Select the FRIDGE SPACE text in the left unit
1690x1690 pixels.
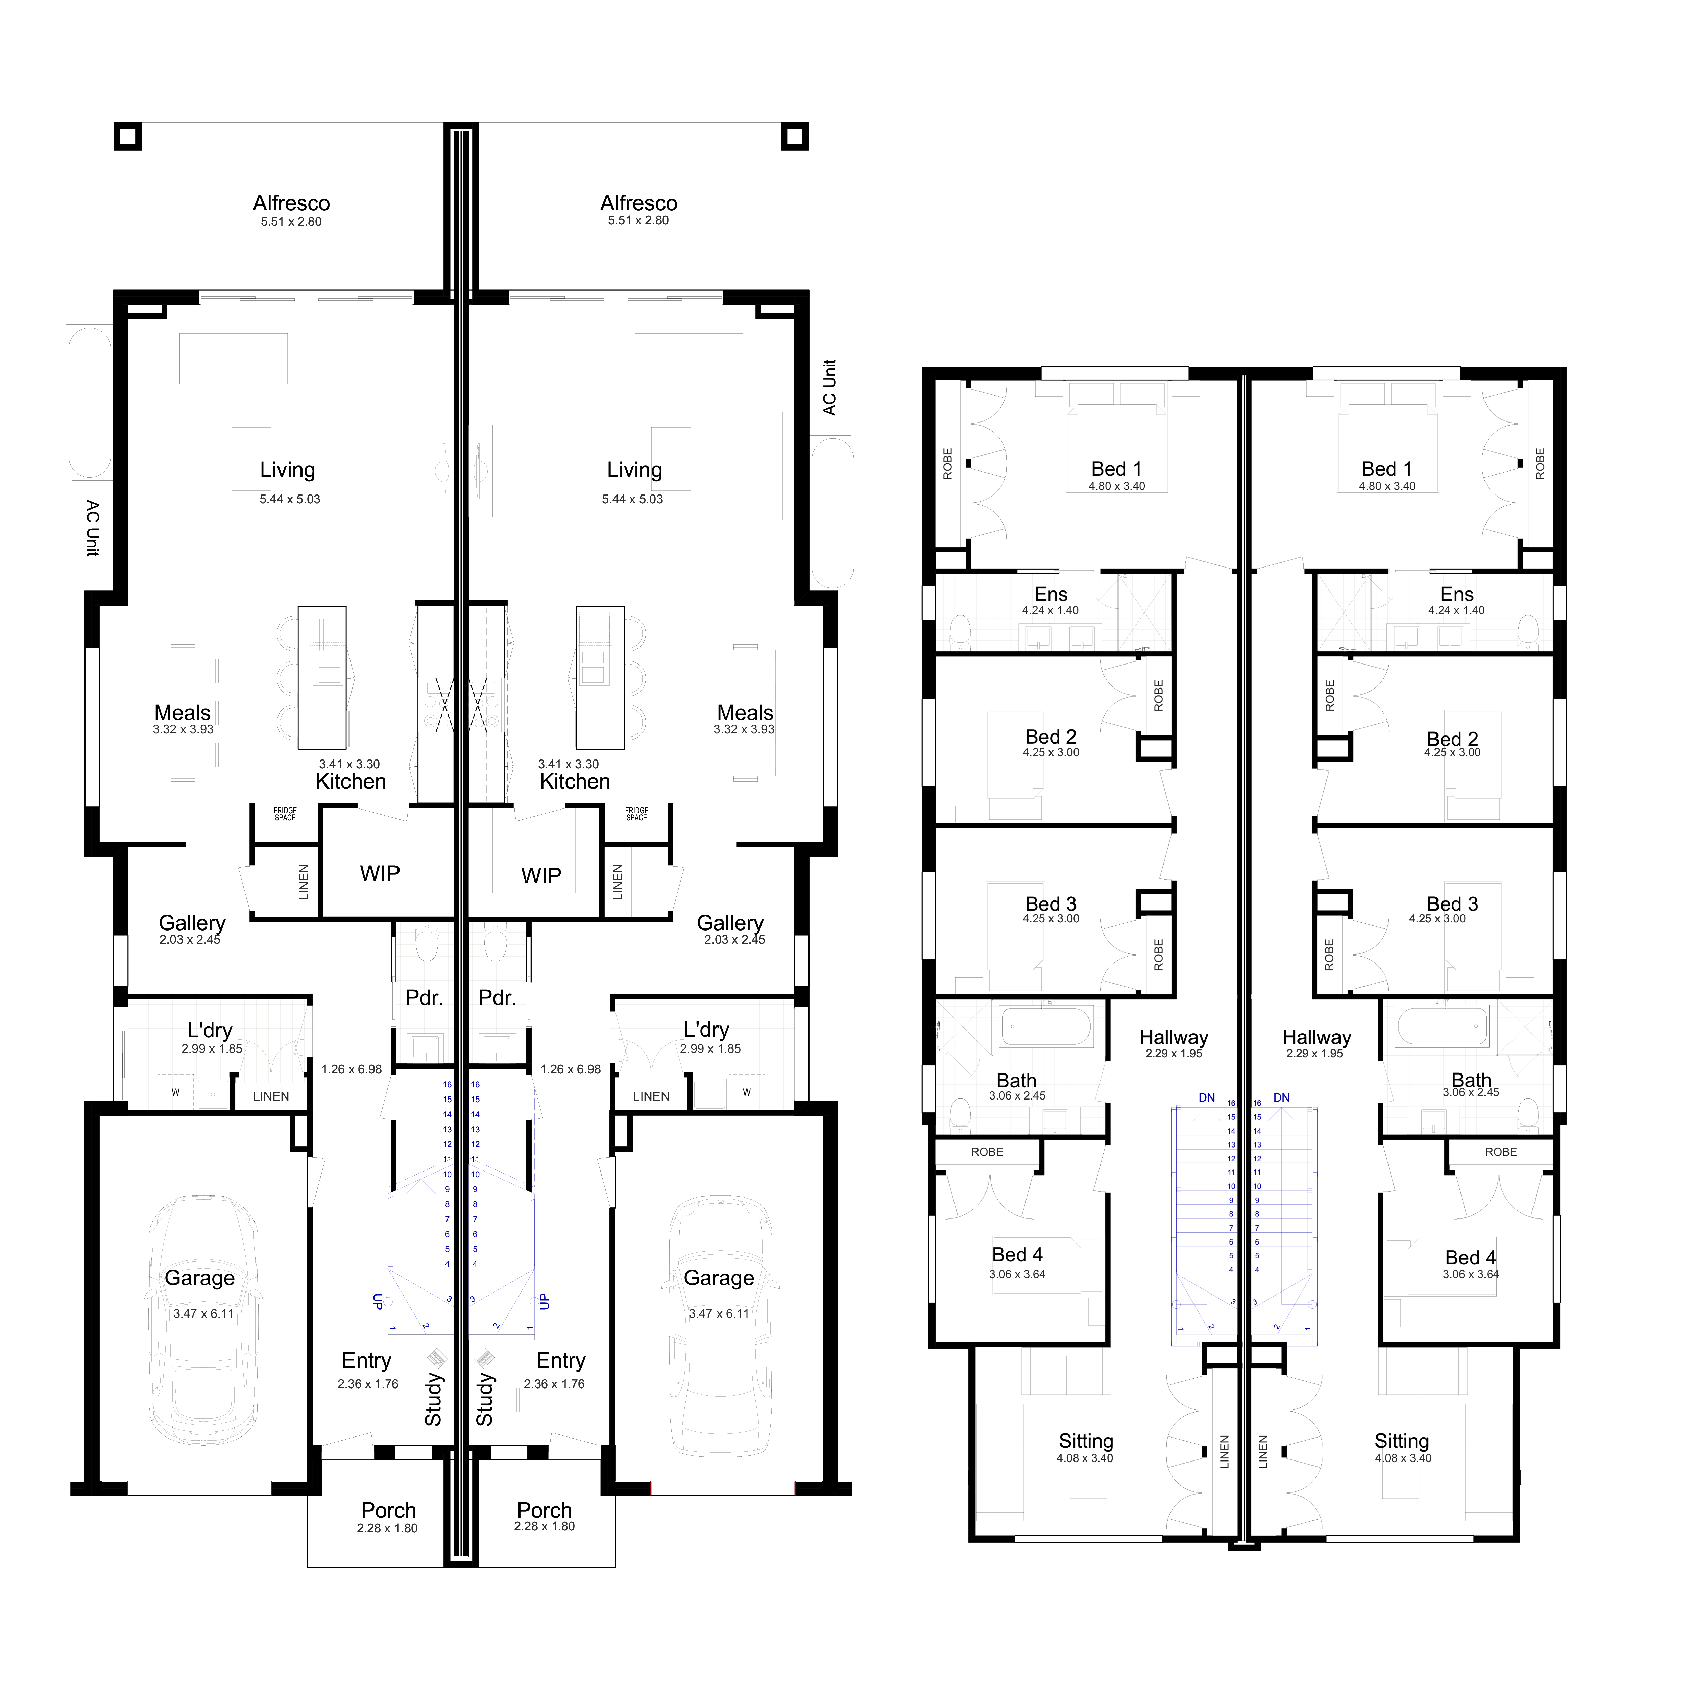click(x=285, y=814)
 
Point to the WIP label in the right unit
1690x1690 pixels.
click(x=541, y=876)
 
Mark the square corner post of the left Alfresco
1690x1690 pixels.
click(x=128, y=137)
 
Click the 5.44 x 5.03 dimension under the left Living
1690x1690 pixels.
click(x=290, y=500)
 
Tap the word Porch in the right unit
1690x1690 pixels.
click(x=544, y=1511)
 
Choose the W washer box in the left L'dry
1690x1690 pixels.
click(x=176, y=1092)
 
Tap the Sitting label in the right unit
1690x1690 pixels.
click(x=1401, y=1441)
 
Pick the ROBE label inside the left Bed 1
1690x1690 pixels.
click(x=947, y=464)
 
